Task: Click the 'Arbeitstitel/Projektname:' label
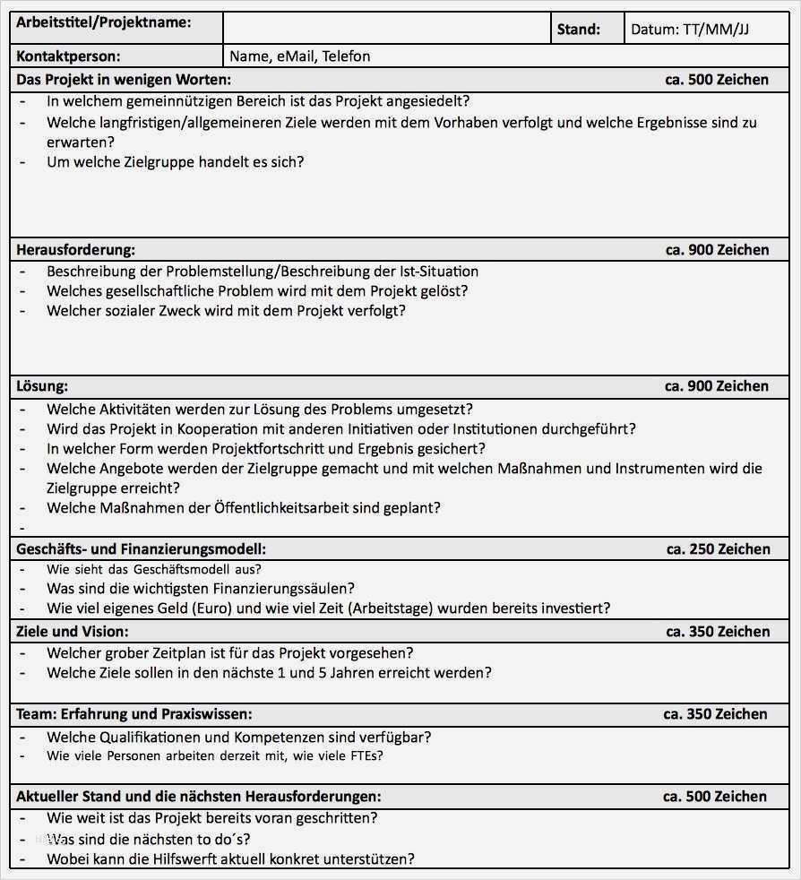tap(104, 22)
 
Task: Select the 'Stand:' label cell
tap(578, 30)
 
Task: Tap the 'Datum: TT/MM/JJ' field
tap(689, 30)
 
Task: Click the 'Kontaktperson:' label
tap(68, 56)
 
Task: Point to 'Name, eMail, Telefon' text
tap(299, 56)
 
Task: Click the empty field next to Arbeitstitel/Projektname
tap(386, 29)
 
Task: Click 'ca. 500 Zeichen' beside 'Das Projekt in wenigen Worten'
tap(716, 80)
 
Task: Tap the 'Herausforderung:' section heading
tap(75, 250)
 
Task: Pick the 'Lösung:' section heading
tap(42, 386)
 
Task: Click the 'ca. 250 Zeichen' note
tap(717, 549)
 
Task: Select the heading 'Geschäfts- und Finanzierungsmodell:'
tap(141, 549)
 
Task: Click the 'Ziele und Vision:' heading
tap(72, 632)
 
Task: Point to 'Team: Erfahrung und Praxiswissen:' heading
tap(133, 714)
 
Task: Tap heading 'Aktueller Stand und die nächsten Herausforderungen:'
tap(198, 797)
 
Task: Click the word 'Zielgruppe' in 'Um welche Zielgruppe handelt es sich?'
tap(159, 162)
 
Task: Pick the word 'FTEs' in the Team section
tap(366, 755)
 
